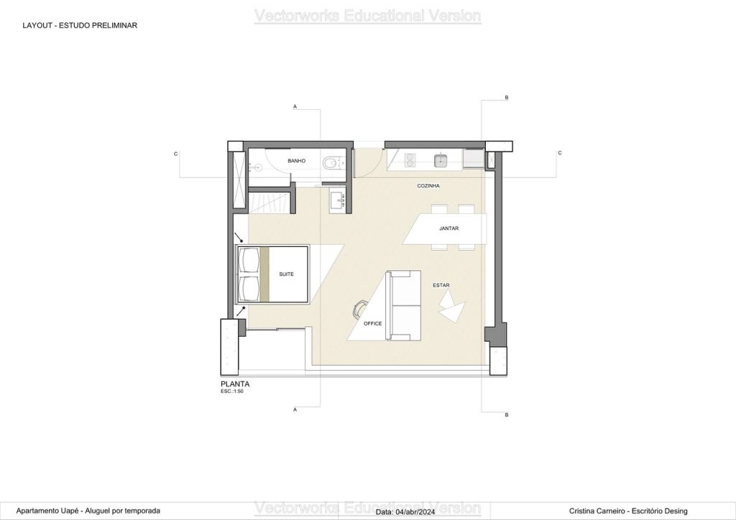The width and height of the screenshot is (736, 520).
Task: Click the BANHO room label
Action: coord(297,161)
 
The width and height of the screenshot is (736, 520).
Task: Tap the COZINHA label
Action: coord(428,186)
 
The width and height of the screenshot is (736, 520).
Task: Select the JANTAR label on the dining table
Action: coord(448,228)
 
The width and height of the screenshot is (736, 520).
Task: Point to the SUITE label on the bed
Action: coord(286,274)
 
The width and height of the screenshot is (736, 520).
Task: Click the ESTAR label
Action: coord(441,285)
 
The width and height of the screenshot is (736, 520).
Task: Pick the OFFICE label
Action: coord(373,323)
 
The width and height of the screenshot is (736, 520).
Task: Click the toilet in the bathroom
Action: coord(331,163)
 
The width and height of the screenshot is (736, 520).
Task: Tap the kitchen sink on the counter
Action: coord(441,161)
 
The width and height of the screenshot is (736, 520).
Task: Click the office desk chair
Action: coord(359,308)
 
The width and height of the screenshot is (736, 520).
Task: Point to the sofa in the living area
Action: coord(403,305)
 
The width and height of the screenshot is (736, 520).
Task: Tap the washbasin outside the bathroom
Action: coord(338,200)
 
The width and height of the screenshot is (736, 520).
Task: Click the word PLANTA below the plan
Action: coord(235,384)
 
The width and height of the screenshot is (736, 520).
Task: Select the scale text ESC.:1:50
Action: coord(232,391)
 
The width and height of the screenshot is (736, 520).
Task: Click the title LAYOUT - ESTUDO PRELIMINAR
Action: coord(80,25)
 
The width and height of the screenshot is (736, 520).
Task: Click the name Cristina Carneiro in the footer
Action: coord(597,511)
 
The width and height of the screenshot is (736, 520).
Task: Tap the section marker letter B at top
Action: coord(507,98)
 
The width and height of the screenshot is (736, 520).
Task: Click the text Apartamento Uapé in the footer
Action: coord(47,511)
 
